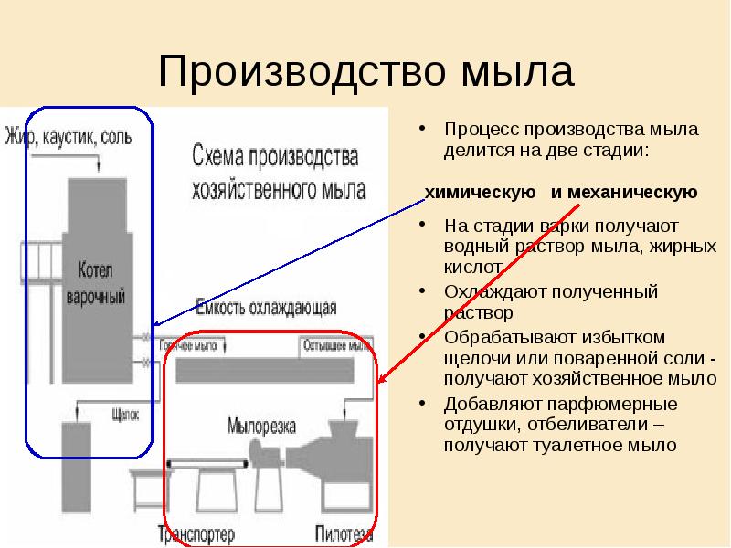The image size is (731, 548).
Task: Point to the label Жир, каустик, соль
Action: coord(69,138)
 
